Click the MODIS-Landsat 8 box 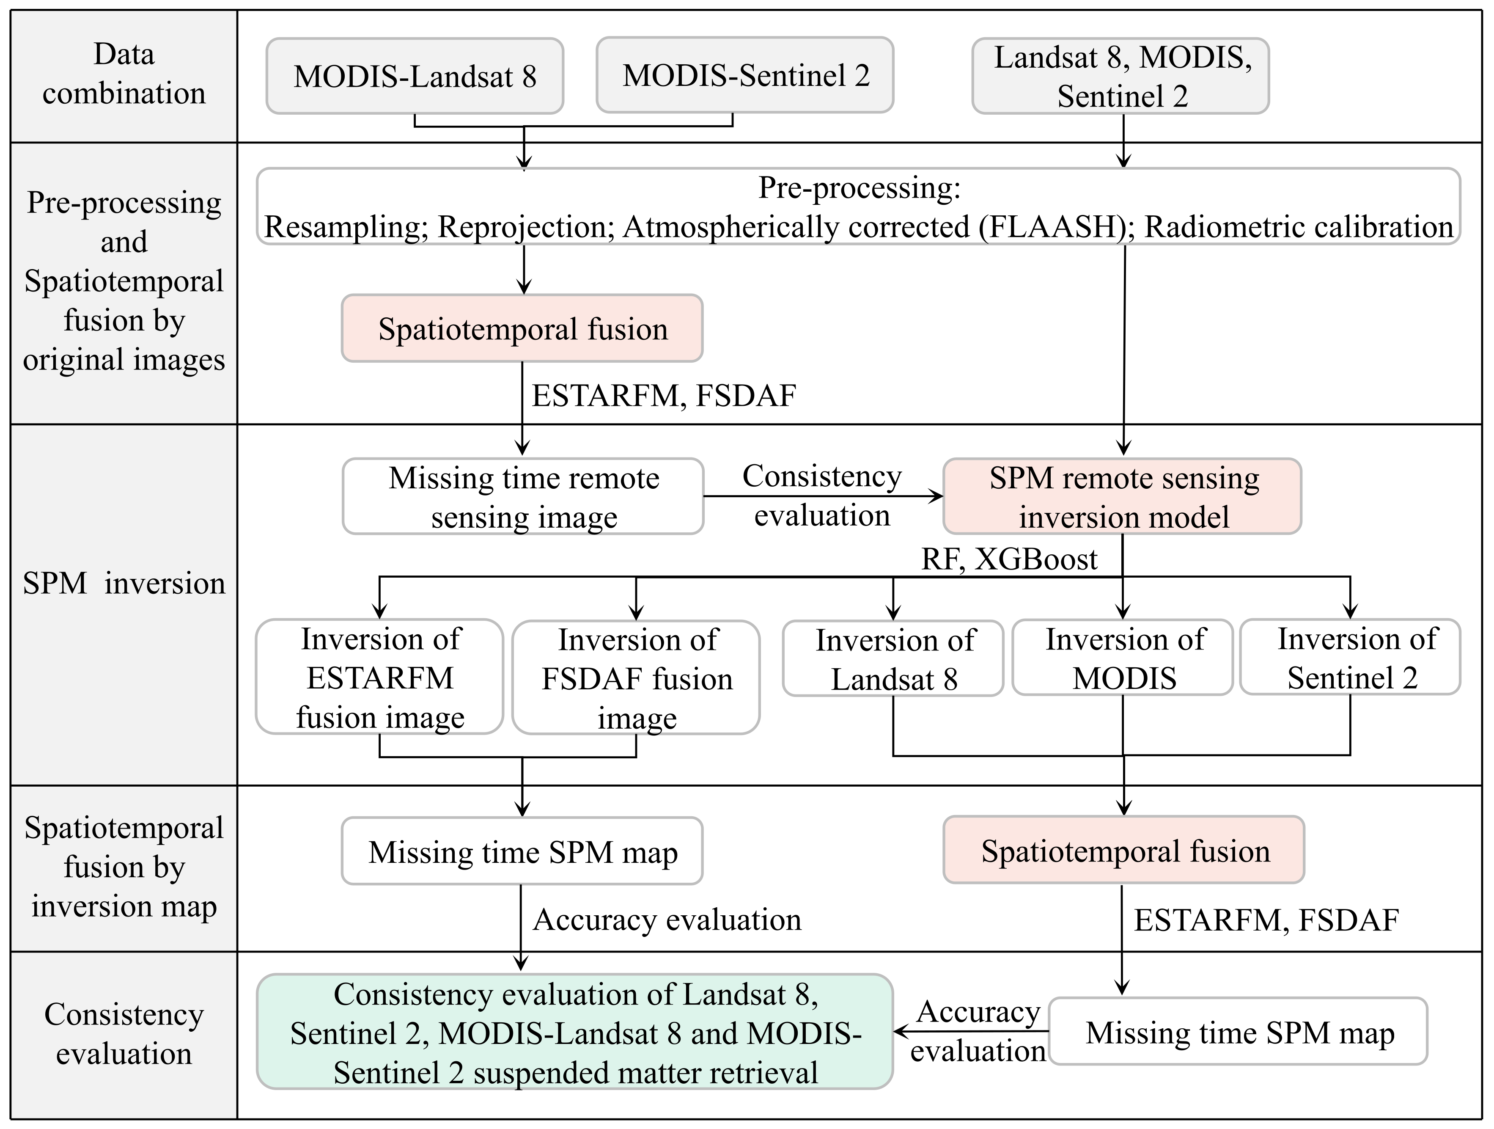click(415, 76)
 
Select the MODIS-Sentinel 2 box click(745, 75)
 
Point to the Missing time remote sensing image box click(523, 497)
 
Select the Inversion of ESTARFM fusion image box click(379, 677)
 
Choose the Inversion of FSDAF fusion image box click(636, 677)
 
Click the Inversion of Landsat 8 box click(893, 659)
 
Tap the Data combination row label click(124, 74)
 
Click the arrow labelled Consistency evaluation click(823, 497)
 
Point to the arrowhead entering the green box click(900, 1032)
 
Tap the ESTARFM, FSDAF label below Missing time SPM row click(1266, 920)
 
